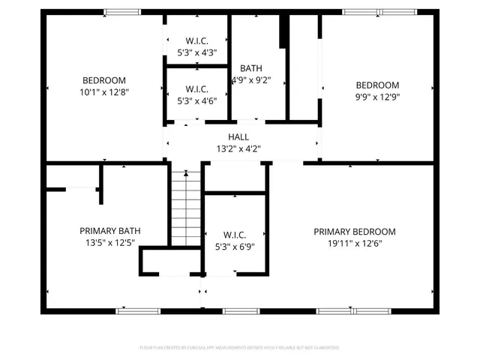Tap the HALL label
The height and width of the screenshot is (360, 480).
click(x=239, y=136)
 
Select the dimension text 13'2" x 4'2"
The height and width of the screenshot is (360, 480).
click(x=239, y=148)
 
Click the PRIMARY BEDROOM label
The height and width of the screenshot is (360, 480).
click(x=354, y=232)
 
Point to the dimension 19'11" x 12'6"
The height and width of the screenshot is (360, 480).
click(x=354, y=244)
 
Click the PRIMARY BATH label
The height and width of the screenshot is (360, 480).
click(x=110, y=231)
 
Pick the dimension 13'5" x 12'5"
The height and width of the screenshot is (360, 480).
click(x=110, y=243)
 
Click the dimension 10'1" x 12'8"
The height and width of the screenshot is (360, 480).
click(x=104, y=92)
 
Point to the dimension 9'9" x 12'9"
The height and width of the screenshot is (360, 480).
click(x=377, y=97)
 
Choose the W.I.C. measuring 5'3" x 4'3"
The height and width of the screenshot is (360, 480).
click(x=196, y=46)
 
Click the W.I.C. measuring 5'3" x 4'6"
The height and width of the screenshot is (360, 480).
click(x=196, y=94)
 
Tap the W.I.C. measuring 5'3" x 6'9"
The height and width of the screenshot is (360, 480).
click(x=235, y=239)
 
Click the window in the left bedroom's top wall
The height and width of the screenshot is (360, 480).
click(x=121, y=12)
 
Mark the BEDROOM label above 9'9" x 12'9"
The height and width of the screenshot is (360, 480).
click(x=377, y=85)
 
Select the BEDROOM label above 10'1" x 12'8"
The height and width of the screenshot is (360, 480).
click(x=104, y=80)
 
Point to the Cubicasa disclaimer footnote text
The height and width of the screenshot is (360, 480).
click(x=239, y=348)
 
